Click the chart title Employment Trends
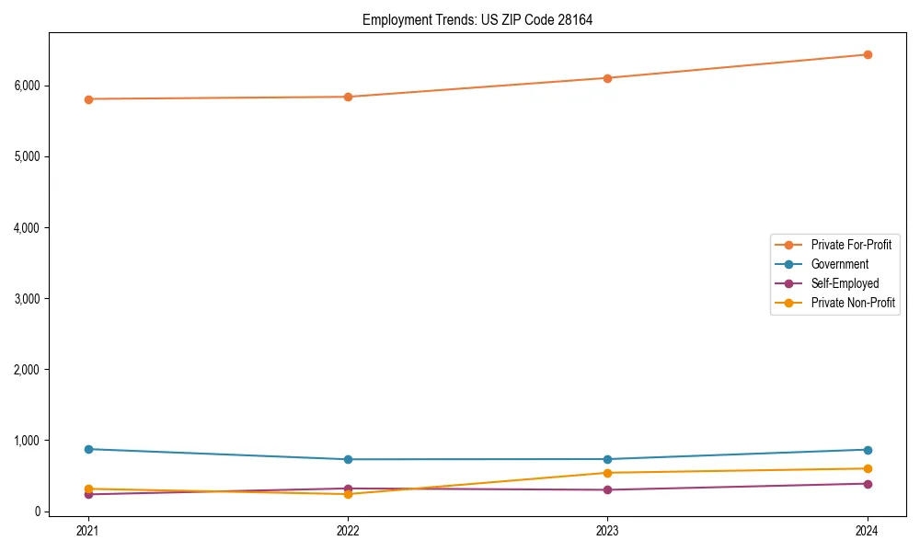pyautogui.click(x=477, y=19)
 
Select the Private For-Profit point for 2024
pyautogui.click(x=868, y=54)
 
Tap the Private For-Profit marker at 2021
pyautogui.click(x=88, y=99)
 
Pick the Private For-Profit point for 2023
pyautogui.click(x=608, y=78)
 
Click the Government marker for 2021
pyautogui.click(x=88, y=449)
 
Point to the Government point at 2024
pyautogui.click(x=868, y=450)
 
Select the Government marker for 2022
pyautogui.click(x=348, y=459)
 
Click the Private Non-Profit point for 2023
pyautogui.click(x=608, y=473)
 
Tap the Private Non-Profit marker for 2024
pyautogui.click(x=868, y=468)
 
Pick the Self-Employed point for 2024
pyautogui.click(x=868, y=484)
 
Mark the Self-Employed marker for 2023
pyautogui.click(x=608, y=489)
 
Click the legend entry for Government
pyautogui.click(x=839, y=264)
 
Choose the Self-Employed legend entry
pyautogui.click(x=845, y=283)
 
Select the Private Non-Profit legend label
pyautogui.click(x=853, y=303)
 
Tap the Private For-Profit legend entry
pyautogui.click(x=851, y=245)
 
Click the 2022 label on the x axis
pyautogui.click(x=348, y=530)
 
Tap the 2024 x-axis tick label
pyautogui.click(x=868, y=530)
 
